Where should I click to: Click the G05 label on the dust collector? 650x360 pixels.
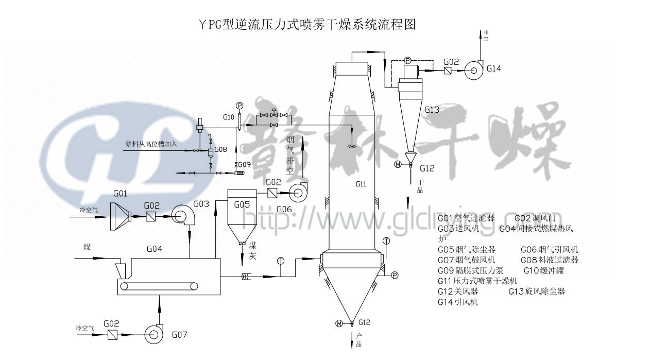click(242, 204)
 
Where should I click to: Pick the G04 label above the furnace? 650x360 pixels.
click(155, 249)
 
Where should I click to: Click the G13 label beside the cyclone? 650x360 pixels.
click(432, 110)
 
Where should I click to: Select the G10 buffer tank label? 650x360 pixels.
click(228, 117)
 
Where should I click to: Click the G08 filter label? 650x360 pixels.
click(221, 150)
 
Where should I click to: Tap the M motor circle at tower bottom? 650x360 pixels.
click(338, 323)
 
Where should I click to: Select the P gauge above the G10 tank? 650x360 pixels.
click(238, 106)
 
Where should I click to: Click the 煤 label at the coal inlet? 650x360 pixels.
click(88, 247)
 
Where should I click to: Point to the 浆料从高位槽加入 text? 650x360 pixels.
click(151, 144)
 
